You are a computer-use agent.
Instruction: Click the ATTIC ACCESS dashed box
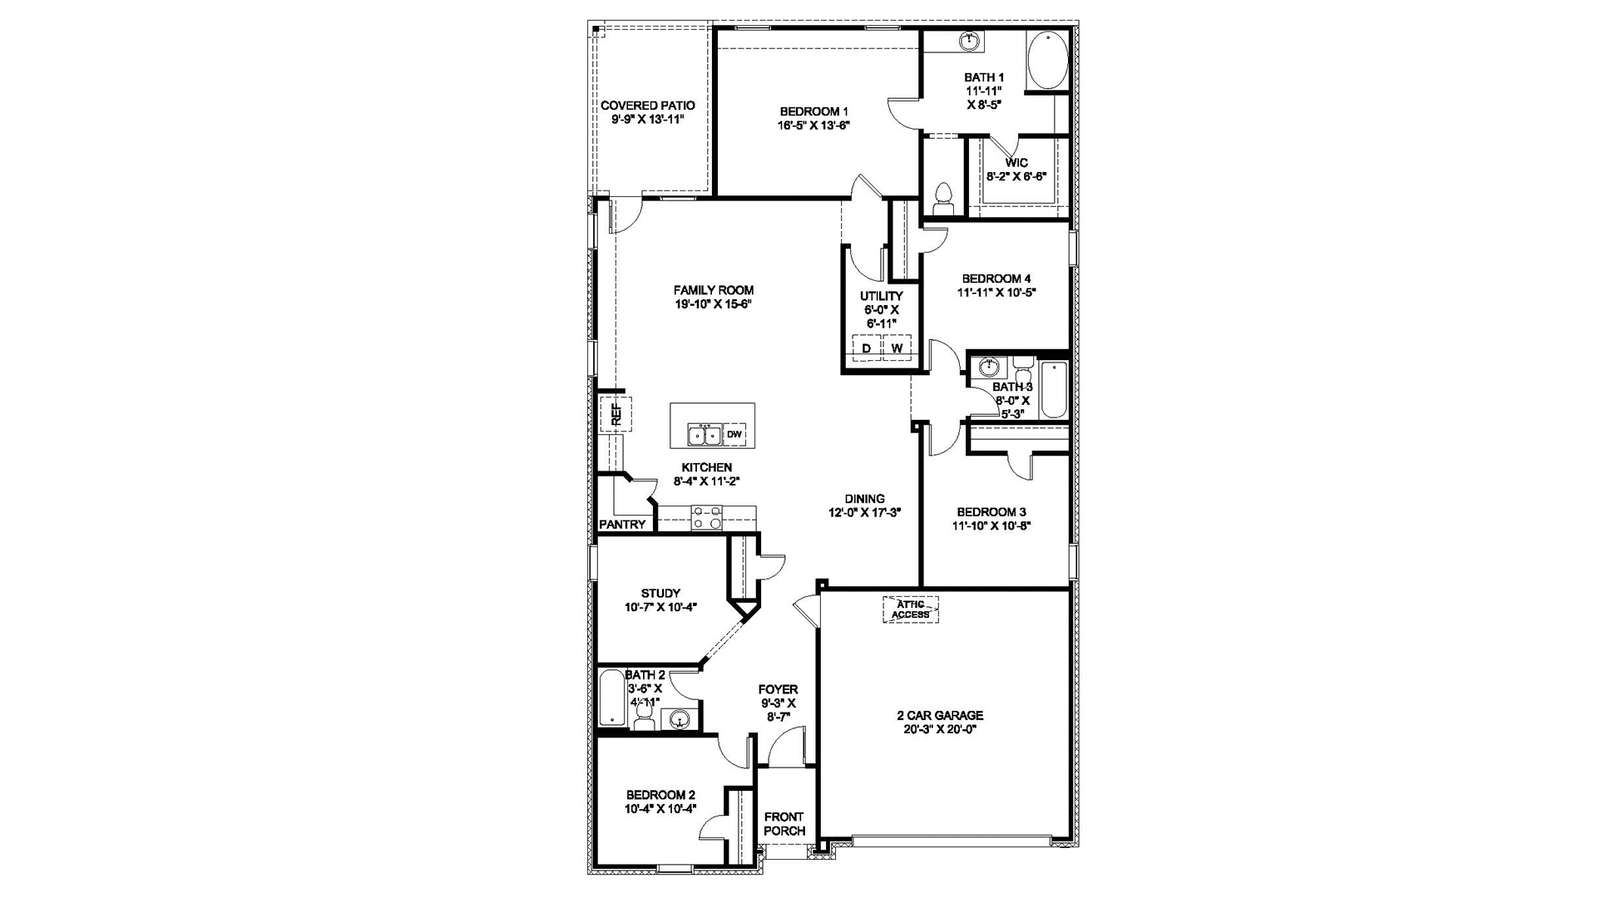(910, 609)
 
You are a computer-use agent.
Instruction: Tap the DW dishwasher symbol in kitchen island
(734, 434)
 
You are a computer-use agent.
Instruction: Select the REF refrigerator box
(616, 413)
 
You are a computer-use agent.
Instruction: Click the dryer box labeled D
(866, 348)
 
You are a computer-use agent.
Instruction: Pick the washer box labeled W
(897, 348)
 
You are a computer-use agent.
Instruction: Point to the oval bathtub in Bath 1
(1046, 60)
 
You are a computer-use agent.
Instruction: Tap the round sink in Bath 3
(988, 367)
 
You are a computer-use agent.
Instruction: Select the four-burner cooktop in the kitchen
(707, 518)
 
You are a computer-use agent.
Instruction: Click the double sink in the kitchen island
(704, 434)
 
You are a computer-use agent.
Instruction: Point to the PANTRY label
(622, 525)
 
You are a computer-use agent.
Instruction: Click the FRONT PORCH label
(784, 823)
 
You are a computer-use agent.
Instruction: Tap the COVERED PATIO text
(648, 106)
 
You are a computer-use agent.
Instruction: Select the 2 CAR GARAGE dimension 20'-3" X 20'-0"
(940, 729)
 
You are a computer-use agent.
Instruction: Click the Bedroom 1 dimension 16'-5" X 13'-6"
(813, 126)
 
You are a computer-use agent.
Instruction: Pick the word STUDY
(660, 594)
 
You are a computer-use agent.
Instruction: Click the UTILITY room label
(881, 296)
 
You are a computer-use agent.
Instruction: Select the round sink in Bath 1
(968, 40)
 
